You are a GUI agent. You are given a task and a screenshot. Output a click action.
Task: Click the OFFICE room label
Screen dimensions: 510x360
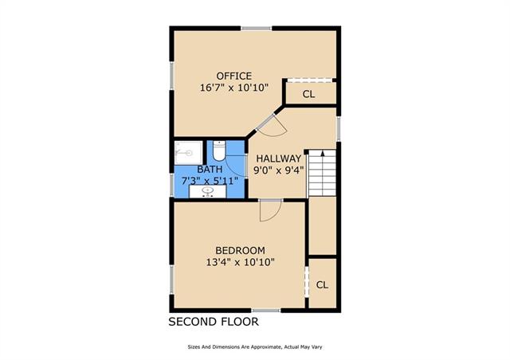234,76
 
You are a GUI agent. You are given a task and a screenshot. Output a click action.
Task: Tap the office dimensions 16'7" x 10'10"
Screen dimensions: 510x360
233,88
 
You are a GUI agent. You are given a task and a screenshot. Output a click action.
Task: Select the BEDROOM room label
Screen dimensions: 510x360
240,250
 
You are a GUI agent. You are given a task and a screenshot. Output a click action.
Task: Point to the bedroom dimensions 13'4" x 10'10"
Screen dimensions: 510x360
240,262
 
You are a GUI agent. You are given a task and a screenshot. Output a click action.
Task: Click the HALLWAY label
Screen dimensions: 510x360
279,158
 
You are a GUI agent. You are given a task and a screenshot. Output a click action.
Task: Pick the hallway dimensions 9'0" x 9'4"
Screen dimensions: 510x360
279,170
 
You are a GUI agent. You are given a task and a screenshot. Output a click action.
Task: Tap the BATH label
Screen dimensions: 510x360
210,170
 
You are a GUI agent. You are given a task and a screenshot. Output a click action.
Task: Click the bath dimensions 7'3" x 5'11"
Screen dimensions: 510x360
210,181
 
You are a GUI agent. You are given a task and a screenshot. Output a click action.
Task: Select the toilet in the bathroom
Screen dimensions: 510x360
219,151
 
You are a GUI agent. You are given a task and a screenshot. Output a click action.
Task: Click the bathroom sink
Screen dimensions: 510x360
207,191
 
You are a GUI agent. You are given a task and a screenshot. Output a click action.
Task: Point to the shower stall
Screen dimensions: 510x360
188,152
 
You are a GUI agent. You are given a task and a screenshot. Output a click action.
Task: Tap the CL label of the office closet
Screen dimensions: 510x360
308,94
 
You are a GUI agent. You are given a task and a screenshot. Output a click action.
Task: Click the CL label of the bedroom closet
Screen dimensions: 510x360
322,285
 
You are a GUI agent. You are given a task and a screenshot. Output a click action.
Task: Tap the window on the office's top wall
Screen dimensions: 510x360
257,29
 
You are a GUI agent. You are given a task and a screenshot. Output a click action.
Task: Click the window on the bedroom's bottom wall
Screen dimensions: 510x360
266,311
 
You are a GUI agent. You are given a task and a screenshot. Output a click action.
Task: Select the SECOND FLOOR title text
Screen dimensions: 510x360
214,322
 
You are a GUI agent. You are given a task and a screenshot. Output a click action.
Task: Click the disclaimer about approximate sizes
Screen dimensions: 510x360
255,347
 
